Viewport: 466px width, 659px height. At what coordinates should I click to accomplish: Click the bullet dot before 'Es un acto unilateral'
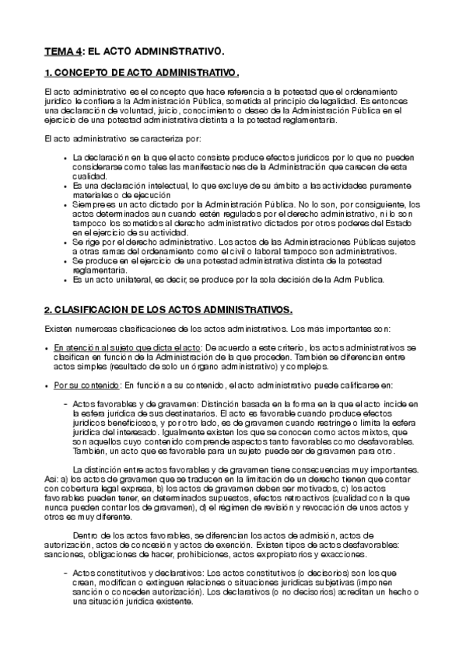pos(65,279)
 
